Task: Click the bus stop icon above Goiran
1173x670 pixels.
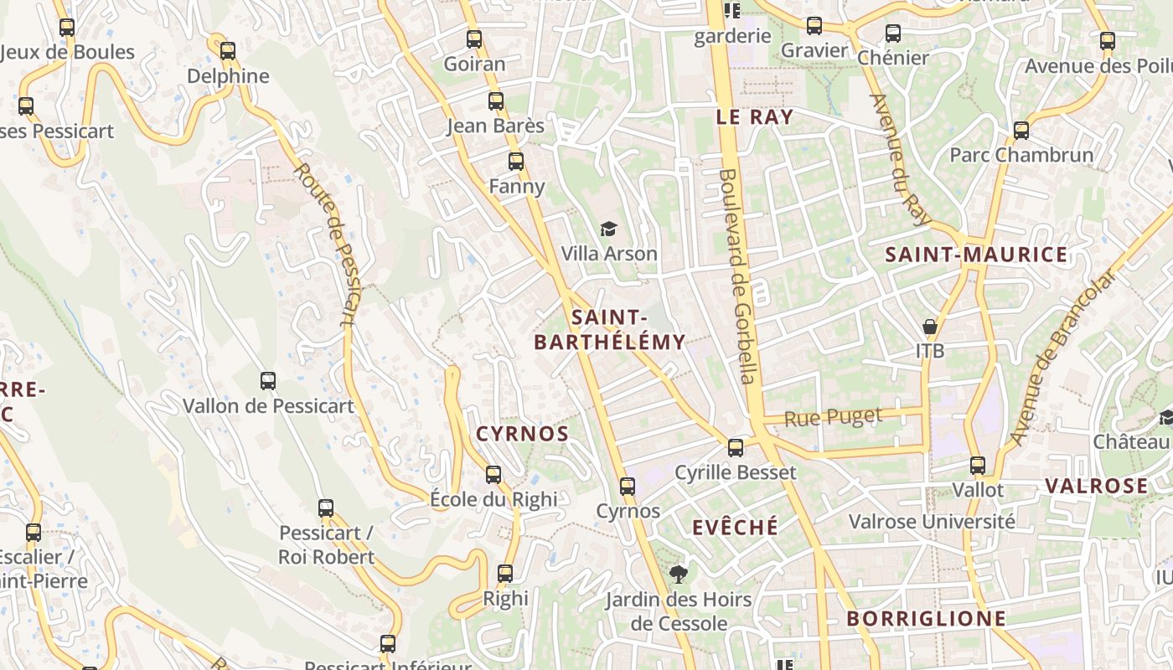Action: [474, 39]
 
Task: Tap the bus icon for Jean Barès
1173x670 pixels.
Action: [496, 101]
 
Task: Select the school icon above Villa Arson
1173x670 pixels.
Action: [608, 229]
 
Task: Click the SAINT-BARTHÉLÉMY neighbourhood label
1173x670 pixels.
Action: [609, 330]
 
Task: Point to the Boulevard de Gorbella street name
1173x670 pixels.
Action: [736, 276]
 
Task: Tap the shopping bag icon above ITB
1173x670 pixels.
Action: [929, 326]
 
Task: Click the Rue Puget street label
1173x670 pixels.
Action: [833, 417]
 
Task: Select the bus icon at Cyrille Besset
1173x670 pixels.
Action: [735, 448]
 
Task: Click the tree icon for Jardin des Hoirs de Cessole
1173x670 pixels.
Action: [679, 575]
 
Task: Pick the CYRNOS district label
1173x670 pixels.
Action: [523, 434]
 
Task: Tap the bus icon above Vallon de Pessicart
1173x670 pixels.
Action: [268, 381]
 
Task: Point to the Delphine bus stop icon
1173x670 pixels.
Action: [228, 51]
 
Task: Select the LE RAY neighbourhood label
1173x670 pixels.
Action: [754, 117]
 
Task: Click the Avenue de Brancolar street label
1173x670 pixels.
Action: [1063, 357]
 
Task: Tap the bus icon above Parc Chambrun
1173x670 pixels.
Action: [1021, 131]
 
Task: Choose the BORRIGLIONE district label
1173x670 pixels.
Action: [926, 619]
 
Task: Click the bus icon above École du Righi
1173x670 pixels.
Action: [493, 475]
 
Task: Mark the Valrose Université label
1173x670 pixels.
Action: [932, 522]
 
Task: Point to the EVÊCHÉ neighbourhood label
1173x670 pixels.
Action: [735, 527]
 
